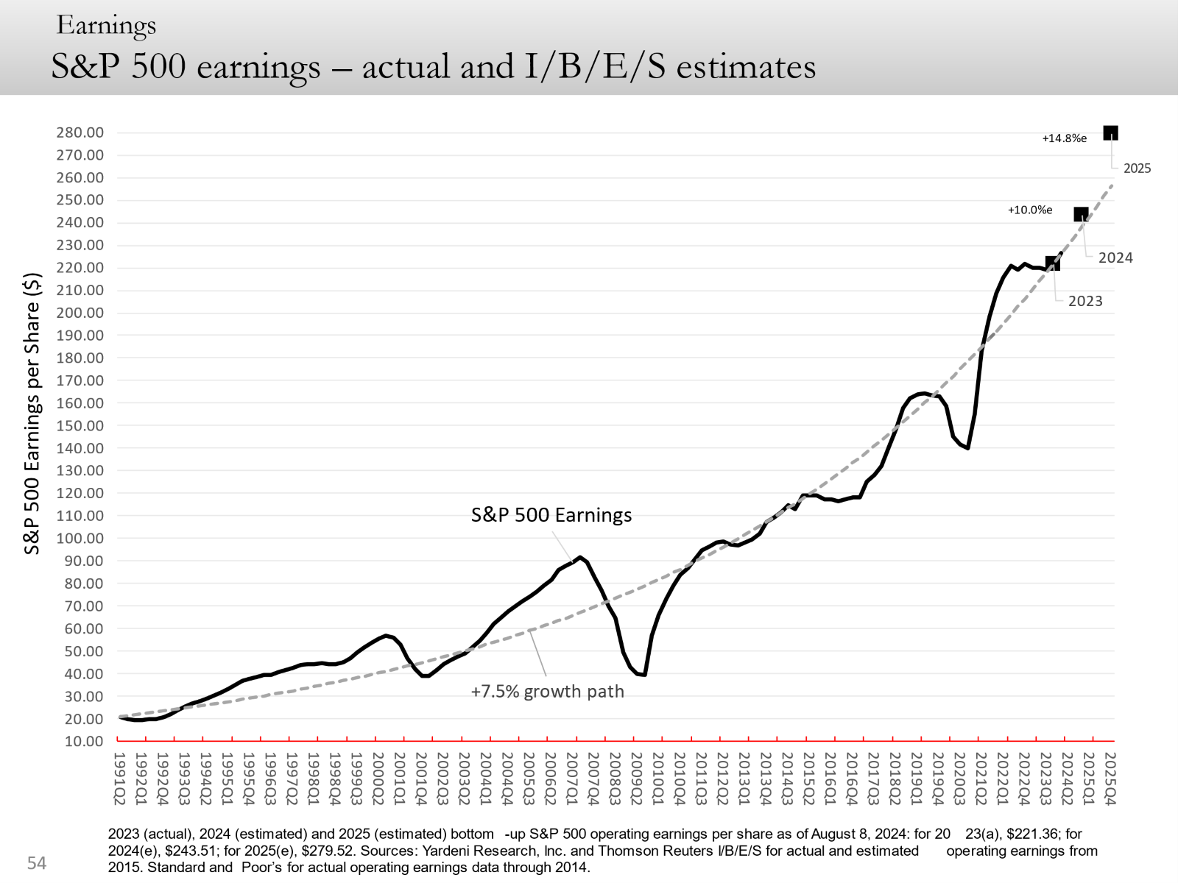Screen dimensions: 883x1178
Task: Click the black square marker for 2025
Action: pos(1110,133)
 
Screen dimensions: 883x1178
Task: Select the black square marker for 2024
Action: pos(1081,215)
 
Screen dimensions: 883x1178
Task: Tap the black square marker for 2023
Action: pos(1053,263)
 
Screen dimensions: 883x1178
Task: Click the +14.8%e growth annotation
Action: pos(1064,138)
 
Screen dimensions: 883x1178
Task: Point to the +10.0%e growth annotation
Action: pos(1030,210)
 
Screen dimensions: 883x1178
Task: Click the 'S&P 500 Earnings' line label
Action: pos(551,515)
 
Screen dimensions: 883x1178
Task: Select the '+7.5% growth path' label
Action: pos(548,692)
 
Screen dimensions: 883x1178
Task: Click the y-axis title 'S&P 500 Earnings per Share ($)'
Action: pos(32,414)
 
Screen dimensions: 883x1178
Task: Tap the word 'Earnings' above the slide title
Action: pos(106,26)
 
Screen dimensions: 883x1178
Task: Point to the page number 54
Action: pos(37,863)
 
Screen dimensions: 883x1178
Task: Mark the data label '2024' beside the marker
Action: pos(1115,258)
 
